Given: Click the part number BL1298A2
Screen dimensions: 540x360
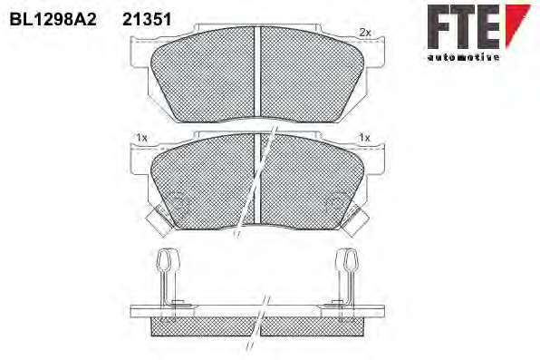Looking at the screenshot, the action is point(53,20).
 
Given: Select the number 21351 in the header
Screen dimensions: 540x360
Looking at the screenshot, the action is point(147,20).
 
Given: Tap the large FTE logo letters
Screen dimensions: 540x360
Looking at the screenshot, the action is point(464,26).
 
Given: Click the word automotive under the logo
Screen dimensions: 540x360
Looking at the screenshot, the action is point(463,57).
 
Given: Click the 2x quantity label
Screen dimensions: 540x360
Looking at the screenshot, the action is point(365,33).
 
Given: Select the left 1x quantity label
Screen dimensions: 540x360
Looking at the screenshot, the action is point(141,138).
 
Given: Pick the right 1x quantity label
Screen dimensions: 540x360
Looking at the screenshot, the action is point(364,138).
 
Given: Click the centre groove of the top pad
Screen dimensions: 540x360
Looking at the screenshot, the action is point(257,72).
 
